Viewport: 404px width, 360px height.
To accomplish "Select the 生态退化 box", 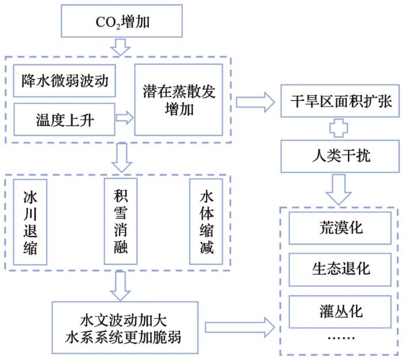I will pyautogui.click(x=336, y=269).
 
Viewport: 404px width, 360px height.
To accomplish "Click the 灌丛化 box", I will pyautogui.click(x=336, y=312).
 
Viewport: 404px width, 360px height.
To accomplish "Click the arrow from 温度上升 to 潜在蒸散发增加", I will pyautogui.click(x=124, y=118).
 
